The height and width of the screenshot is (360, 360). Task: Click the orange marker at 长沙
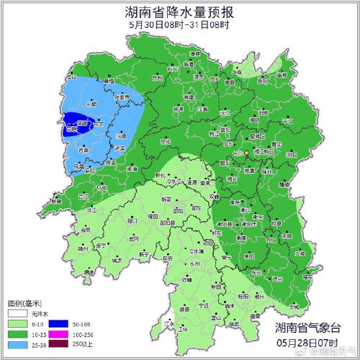pos(246,153)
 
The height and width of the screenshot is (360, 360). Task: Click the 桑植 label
pos(108,82)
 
